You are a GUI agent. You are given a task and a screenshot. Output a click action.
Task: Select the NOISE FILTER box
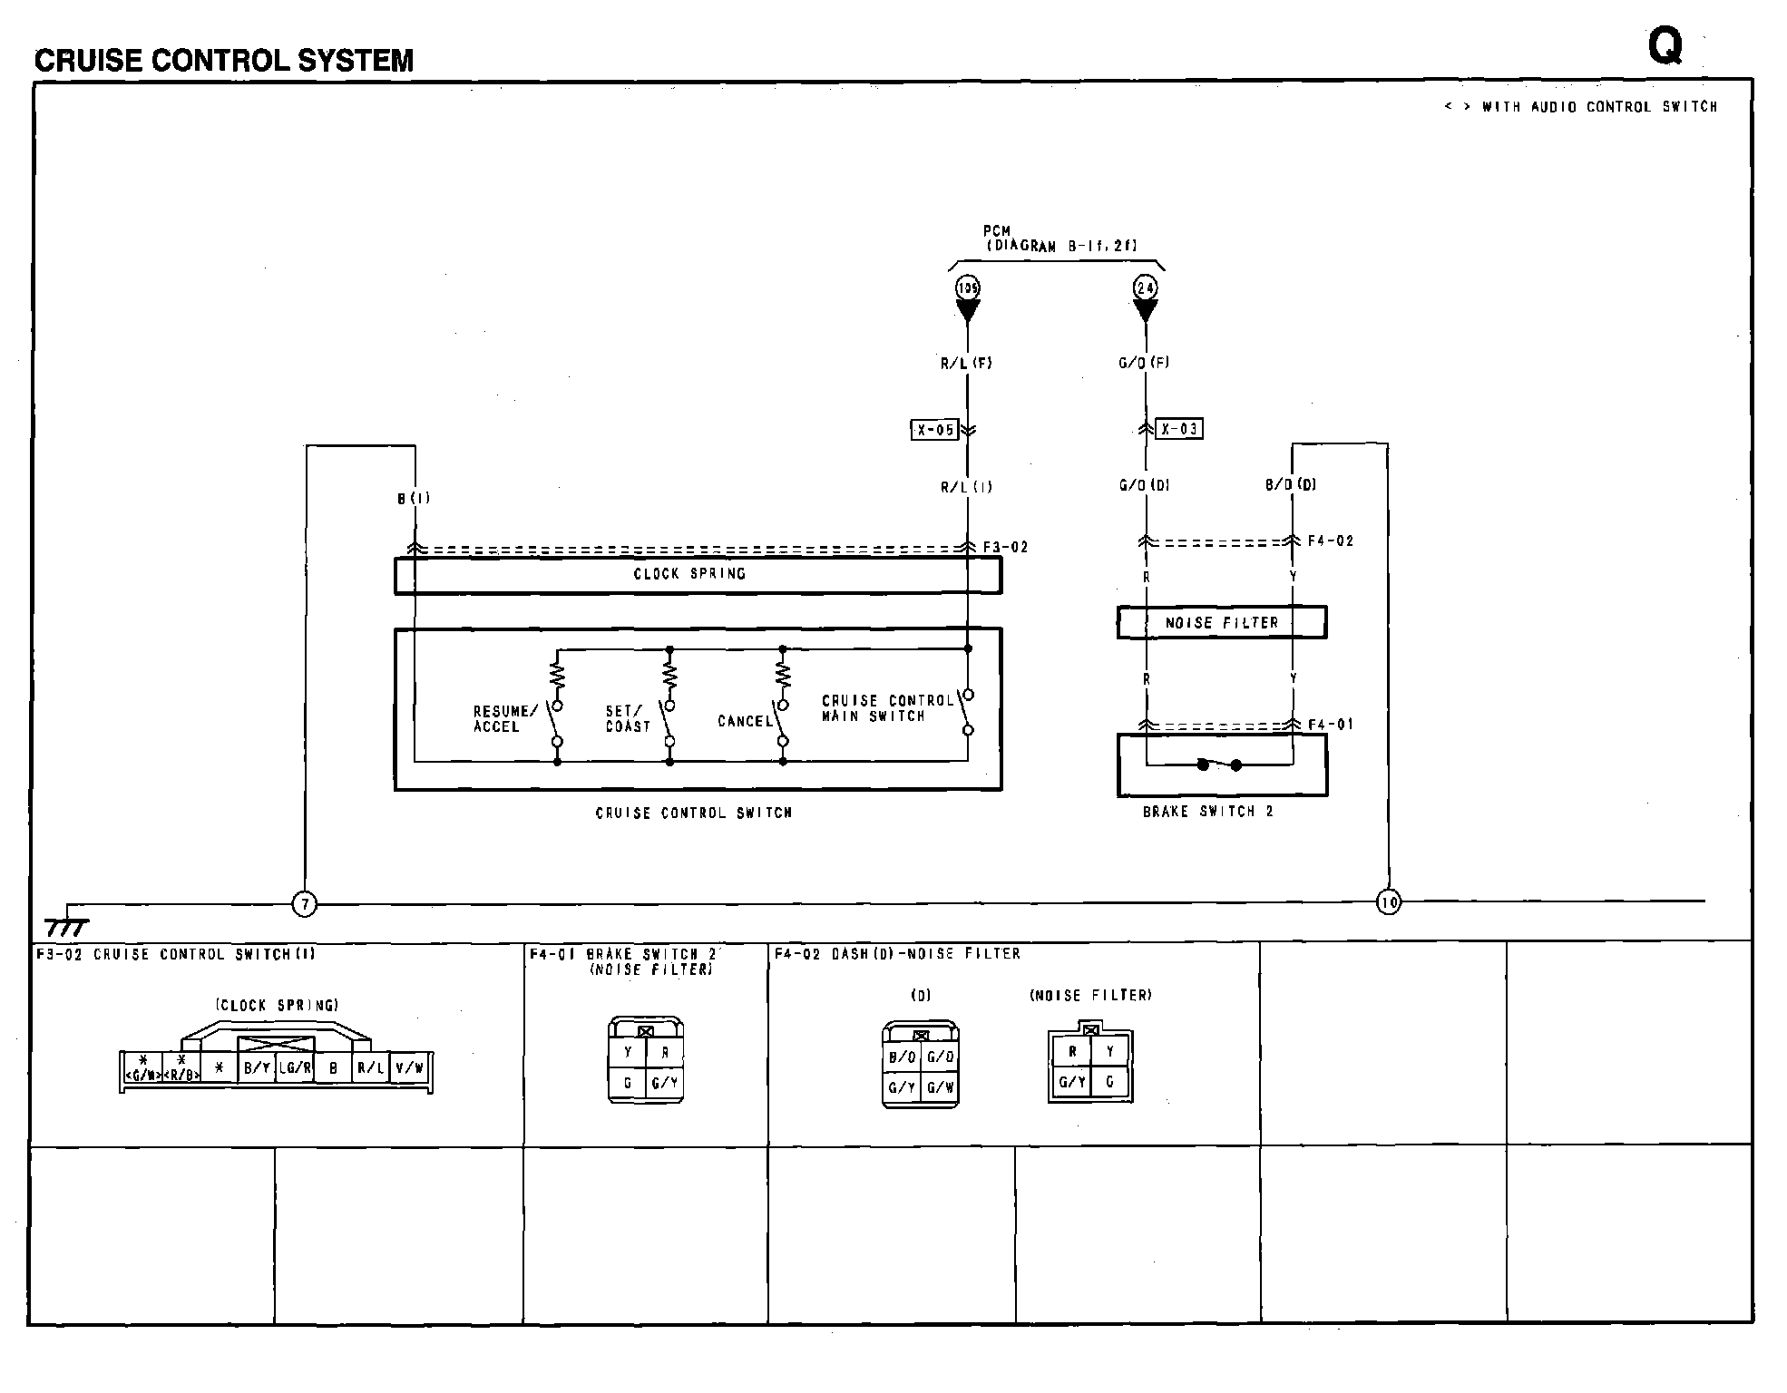point(1221,623)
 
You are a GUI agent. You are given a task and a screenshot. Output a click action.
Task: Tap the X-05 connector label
point(933,430)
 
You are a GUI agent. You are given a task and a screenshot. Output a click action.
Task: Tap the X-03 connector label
point(1179,429)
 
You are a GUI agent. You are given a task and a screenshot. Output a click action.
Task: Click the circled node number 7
point(305,904)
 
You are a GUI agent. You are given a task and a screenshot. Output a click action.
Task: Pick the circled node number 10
point(1388,901)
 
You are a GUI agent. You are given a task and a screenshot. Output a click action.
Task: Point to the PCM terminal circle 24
point(1145,288)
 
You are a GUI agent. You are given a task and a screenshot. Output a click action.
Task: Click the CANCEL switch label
point(745,722)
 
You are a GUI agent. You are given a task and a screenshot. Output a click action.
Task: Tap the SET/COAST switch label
point(628,719)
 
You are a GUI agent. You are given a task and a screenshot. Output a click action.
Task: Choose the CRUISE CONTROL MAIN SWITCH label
point(886,708)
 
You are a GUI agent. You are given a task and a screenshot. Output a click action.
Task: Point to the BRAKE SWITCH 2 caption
point(1207,812)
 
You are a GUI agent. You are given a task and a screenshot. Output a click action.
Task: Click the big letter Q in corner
point(1665,45)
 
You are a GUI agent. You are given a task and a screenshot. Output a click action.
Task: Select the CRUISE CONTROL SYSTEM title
point(224,61)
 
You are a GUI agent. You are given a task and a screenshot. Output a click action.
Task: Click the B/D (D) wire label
point(1290,485)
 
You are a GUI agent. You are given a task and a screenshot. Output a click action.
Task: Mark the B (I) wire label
point(414,499)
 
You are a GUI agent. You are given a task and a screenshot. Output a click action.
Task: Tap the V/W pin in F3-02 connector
point(409,1068)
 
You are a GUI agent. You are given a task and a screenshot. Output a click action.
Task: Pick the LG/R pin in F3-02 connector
point(295,1068)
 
